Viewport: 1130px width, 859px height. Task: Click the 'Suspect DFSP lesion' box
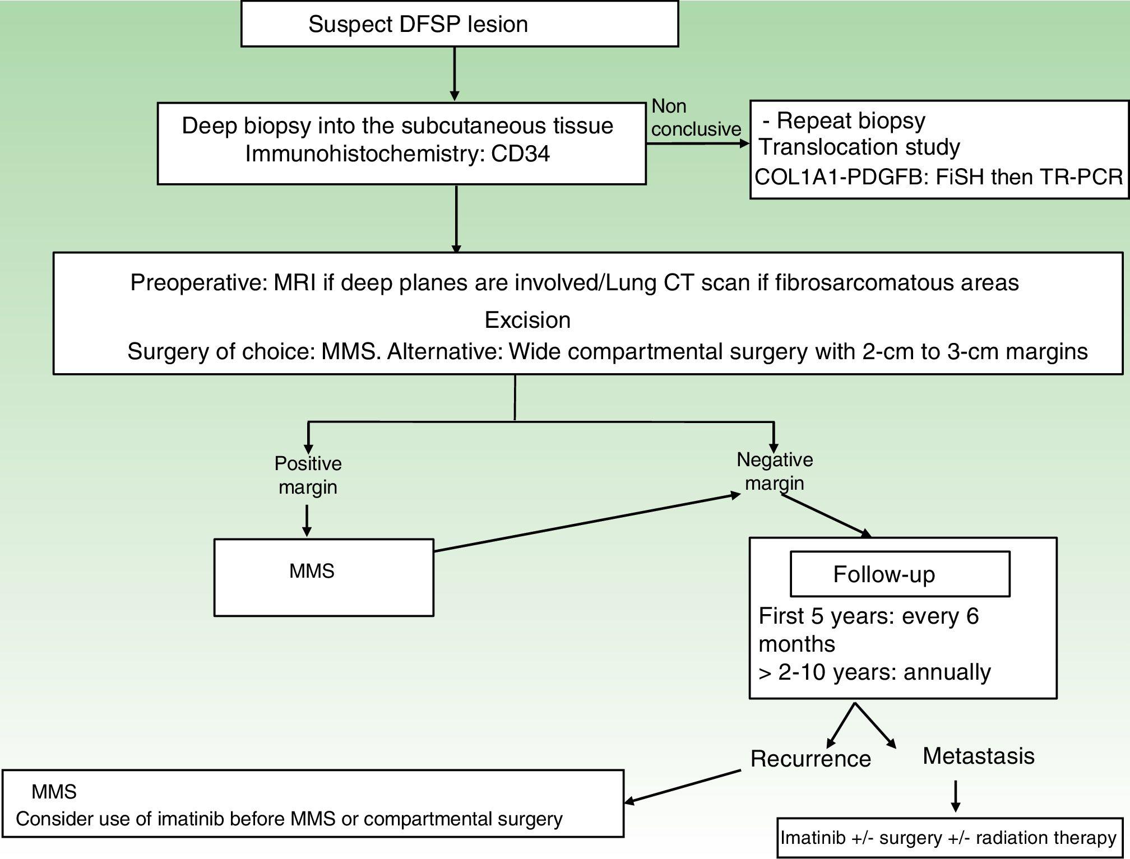click(x=460, y=24)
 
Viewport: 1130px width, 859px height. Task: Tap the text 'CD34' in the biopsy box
click(x=520, y=154)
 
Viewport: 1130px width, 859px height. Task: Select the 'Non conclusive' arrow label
click(x=695, y=118)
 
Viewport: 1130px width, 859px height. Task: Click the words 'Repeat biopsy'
click(x=851, y=120)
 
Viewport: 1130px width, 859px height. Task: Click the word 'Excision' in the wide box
click(x=527, y=320)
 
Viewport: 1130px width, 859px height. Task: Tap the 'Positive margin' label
click(x=308, y=475)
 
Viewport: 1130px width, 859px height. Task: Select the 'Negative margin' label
click(x=775, y=471)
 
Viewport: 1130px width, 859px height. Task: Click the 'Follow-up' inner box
click(x=899, y=574)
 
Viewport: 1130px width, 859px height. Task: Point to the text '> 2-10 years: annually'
click(x=874, y=672)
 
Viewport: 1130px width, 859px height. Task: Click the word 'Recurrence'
click(x=811, y=759)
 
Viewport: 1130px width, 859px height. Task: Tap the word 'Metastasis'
click(x=978, y=756)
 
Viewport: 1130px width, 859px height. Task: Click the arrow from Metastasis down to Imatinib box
click(x=956, y=796)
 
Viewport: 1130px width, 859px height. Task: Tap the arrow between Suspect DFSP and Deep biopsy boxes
click(x=455, y=73)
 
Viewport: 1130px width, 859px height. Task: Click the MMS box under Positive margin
click(x=323, y=577)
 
